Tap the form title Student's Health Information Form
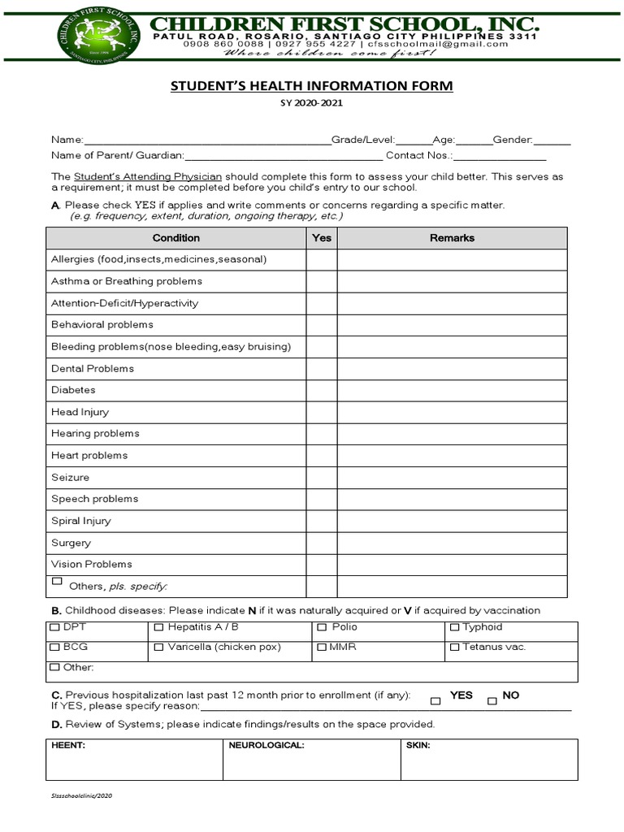(312, 86)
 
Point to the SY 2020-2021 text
(312, 104)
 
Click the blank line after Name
(207, 141)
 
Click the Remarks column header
(452, 238)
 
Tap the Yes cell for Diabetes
(322, 390)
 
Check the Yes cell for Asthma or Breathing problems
(322, 281)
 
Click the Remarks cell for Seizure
(452, 477)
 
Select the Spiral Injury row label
(81, 521)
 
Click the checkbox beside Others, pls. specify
(57, 582)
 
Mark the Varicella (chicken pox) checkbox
(158, 648)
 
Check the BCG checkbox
(55, 648)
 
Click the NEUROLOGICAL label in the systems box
(266, 745)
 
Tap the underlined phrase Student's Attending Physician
(148, 176)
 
